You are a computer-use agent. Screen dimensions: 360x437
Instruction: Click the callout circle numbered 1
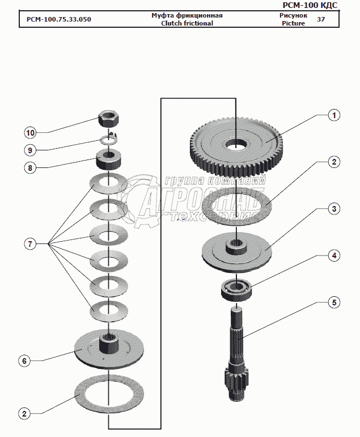click(x=334, y=115)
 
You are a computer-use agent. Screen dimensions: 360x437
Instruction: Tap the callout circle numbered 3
click(x=334, y=209)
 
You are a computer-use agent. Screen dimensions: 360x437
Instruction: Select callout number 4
click(x=334, y=256)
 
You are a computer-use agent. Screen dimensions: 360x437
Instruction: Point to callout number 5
click(x=334, y=302)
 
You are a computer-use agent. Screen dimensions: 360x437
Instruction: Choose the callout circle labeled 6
click(x=24, y=361)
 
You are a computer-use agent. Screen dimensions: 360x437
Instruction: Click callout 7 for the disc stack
click(x=30, y=244)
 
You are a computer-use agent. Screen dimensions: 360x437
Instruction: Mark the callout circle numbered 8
click(x=30, y=167)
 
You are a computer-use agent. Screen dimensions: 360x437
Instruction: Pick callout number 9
click(x=30, y=150)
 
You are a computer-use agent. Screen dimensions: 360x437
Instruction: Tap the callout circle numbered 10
click(x=30, y=133)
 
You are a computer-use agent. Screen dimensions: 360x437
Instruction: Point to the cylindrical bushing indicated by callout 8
click(x=108, y=159)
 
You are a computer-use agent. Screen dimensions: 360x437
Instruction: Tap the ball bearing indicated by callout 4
click(x=239, y=290)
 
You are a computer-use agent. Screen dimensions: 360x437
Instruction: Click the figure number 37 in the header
click(x=321, y=19)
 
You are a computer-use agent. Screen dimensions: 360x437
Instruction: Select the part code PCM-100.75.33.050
click(x=59, y=19)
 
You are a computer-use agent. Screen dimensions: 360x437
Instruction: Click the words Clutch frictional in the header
click(x=187, y=23)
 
